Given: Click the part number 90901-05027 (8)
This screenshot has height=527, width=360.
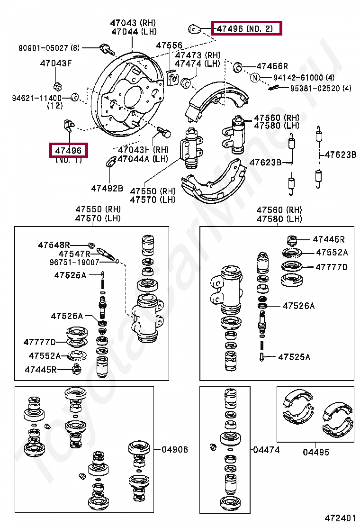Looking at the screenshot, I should pos(49,48).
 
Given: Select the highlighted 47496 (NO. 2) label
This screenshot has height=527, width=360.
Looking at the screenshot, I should pos(246,28).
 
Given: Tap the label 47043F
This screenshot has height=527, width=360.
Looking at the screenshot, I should pos(56,63).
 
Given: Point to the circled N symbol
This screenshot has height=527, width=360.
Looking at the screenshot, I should pos(255,78).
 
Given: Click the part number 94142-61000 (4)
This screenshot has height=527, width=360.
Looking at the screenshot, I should pos(304,78).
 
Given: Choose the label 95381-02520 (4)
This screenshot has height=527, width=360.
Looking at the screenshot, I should pos(321,88).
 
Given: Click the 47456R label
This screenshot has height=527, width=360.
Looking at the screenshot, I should pos(272,66).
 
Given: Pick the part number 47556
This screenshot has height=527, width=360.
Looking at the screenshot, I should pos(169,45).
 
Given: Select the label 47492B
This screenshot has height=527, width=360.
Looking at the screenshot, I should pos(107,188).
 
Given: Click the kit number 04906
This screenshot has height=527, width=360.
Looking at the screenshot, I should pos(175,450).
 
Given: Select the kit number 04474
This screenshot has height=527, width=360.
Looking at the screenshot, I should pos(266,450).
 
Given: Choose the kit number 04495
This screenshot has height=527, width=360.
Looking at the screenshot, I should pos(316,452).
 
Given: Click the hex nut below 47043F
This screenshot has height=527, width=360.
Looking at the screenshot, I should pos(56,86).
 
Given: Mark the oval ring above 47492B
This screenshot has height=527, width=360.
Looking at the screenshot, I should pos(109,163).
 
